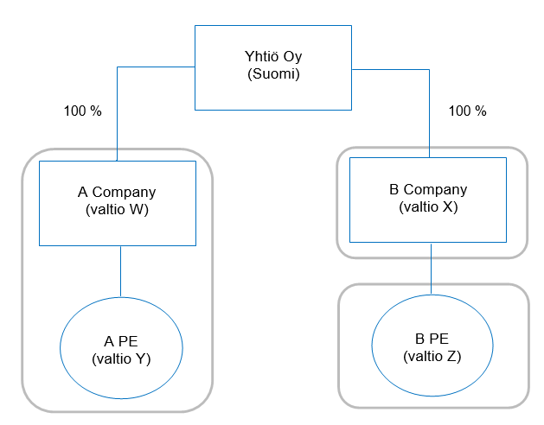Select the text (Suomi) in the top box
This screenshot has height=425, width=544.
tap(272, 74)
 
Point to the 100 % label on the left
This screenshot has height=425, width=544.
tap(82, 111)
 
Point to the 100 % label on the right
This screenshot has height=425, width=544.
tap(468, 111)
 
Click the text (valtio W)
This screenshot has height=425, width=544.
tap(118, 209)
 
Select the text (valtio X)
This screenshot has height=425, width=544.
tap(428, 207)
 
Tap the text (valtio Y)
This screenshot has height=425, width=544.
tap(121, 359)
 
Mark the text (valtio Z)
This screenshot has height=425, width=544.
tap(432, 356)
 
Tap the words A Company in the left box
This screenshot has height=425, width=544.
tap(118, 193)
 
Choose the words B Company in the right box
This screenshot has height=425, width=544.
tap(428, 190)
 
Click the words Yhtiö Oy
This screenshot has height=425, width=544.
tap(272, 59)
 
